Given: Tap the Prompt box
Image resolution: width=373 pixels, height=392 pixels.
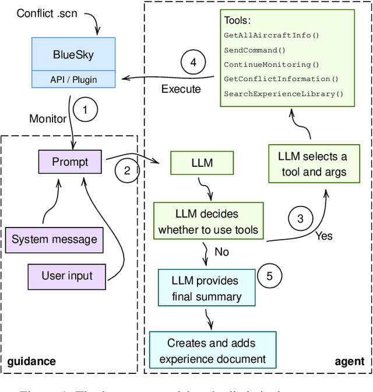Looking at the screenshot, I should [69, 161].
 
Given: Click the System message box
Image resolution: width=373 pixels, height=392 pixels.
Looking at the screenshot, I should [54, 239].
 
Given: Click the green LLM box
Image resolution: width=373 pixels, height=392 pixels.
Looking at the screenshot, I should [202, 163].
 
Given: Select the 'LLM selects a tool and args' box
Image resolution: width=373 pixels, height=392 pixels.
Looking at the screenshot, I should [312, 164].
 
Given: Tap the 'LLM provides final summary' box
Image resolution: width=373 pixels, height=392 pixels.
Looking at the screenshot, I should [206, 288].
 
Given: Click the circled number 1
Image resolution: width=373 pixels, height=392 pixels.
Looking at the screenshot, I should [85, 109].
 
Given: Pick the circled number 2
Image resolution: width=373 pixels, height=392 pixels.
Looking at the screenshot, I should [126, 171].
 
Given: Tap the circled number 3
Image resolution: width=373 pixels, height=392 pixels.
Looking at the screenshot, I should [300, 219].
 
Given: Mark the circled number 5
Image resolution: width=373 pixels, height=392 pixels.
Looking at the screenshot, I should [269, 276].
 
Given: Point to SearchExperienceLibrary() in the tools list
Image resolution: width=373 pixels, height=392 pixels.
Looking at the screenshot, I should [284, 93].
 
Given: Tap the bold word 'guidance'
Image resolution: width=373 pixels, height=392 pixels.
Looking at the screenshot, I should [32, 361].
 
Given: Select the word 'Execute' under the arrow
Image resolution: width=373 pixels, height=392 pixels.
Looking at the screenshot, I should [181, 89].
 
